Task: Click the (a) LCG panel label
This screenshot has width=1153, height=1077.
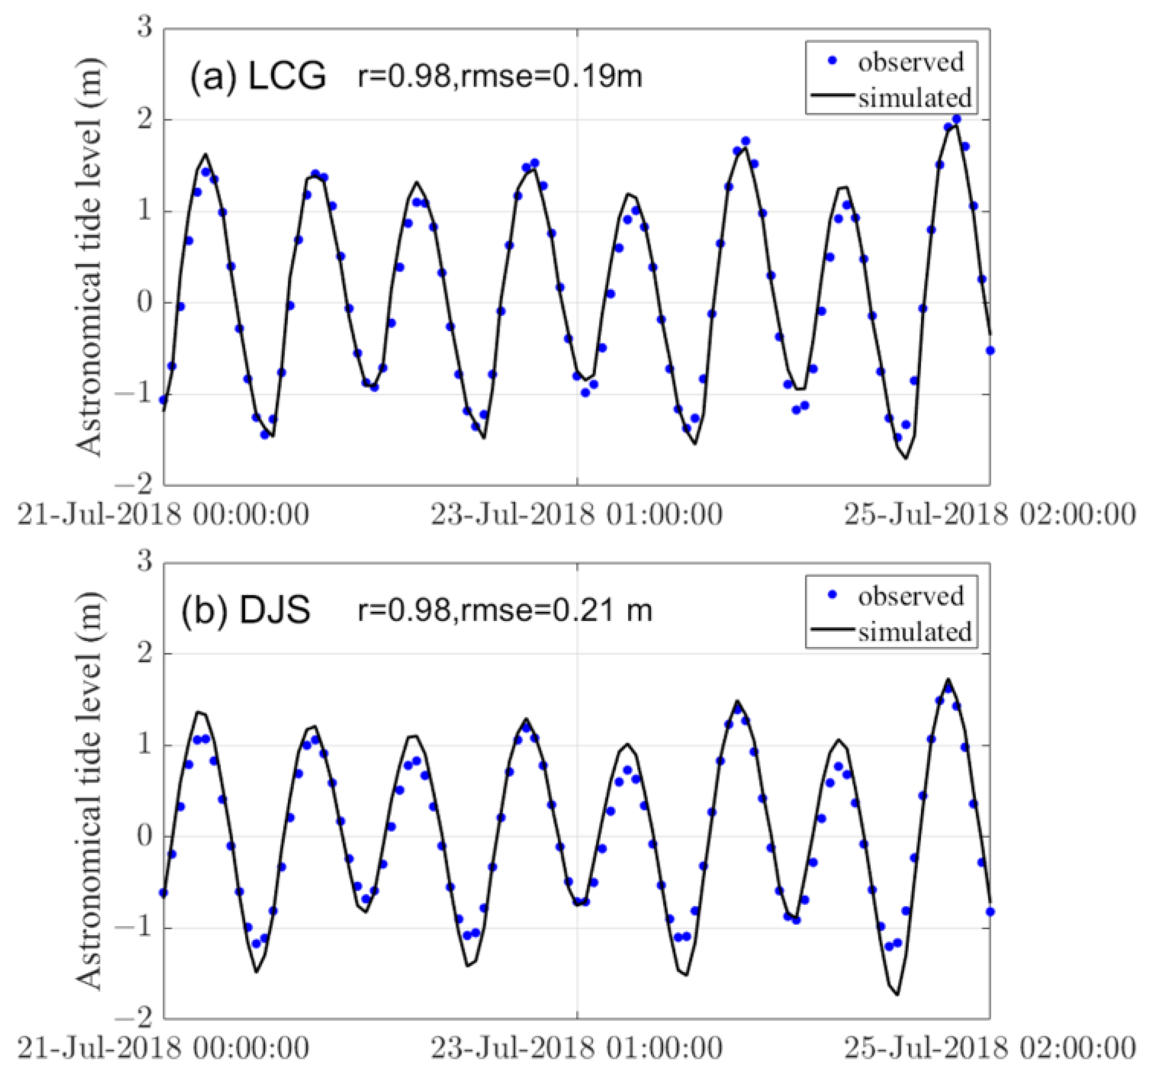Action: click(258, 77)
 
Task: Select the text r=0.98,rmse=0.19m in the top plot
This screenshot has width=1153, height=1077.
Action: click(500, 77)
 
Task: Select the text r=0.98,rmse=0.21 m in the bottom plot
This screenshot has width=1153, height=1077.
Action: click(504, 610)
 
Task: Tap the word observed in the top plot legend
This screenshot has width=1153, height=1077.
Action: click(910, 62)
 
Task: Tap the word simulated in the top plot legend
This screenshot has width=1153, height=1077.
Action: click(914, 97)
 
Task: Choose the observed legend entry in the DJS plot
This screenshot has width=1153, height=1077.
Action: click(910, 596)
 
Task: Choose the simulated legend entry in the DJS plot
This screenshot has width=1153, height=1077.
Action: click(914, 631)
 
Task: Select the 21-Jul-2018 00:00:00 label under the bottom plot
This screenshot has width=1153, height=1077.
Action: click(163, 1048)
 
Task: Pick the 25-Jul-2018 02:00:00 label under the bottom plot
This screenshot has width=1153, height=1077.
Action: click(990, 1048)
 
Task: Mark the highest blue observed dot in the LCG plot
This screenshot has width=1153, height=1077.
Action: click(957, 119)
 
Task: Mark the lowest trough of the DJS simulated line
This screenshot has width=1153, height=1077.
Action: click(898, 994)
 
